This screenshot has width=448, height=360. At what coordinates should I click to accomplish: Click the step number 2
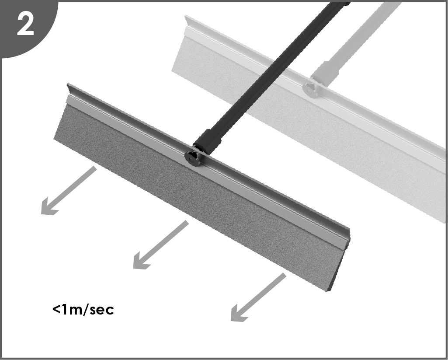pos(25,24)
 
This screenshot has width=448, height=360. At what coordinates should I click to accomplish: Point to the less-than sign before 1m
pos(56,309)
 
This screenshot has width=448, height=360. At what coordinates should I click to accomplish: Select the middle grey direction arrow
pos(161,245)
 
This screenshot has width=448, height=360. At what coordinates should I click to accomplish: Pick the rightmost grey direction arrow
pos(258,297)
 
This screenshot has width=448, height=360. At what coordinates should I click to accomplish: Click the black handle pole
pos(271,74)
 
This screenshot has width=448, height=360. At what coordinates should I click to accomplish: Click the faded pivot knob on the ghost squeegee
pos(311,89)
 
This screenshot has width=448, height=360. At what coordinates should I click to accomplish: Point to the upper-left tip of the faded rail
pos(186,16)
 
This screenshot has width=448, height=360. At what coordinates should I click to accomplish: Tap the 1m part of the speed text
pos(72,310)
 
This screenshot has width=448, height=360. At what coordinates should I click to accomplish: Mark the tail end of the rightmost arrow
pos(285,274)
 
